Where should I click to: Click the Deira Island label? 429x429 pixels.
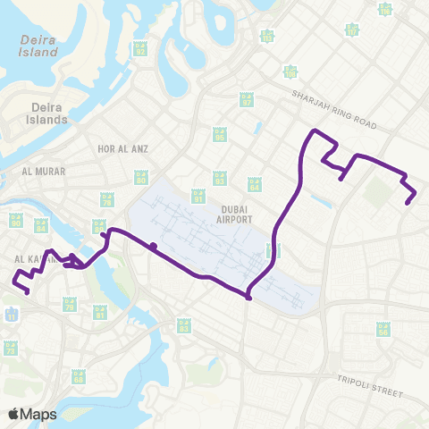coord(39,44)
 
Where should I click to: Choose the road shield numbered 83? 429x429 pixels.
coord(184,326)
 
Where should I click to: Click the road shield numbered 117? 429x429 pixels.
coord(352,29)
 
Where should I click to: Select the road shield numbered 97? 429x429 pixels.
coord(246,101)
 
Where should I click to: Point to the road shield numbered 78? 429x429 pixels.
coord(107,202)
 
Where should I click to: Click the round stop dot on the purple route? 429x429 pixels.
coord(154,246)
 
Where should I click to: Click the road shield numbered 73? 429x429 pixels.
coord(11,349)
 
